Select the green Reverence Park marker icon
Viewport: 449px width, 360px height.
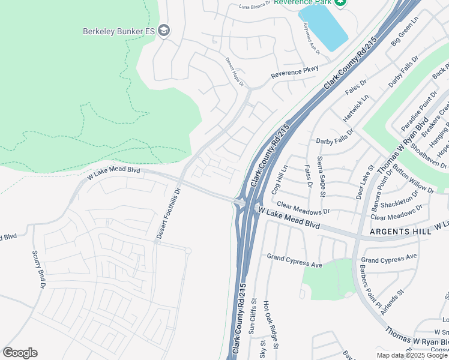tap(340, 2)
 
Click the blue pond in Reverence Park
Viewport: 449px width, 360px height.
tap(324, 27)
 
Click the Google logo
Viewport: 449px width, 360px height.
tap(20, 353)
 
